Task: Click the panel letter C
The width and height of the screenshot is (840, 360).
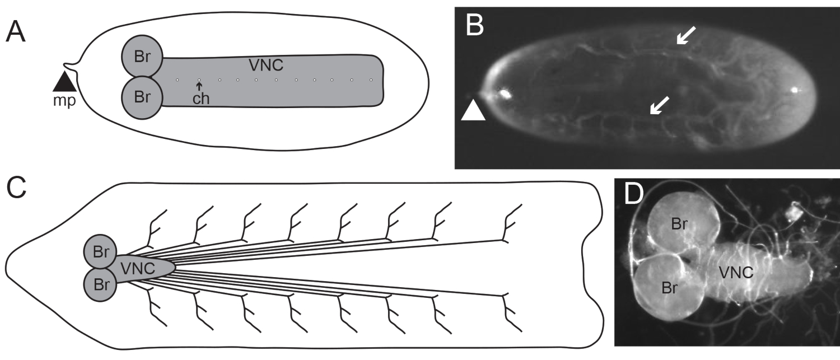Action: pos(16,190)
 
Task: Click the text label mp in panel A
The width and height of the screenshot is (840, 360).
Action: pos(65,102)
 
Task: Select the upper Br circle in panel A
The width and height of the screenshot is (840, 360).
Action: pos(142,57)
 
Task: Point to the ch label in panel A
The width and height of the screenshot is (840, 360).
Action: pos(200,99)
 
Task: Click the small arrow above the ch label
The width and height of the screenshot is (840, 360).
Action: pos(199,86)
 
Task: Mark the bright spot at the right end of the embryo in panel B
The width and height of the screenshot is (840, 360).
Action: pos(795,90)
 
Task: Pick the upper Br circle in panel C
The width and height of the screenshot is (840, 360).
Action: pos(101,252)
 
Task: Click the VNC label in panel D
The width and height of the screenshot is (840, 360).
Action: pos(735,273)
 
